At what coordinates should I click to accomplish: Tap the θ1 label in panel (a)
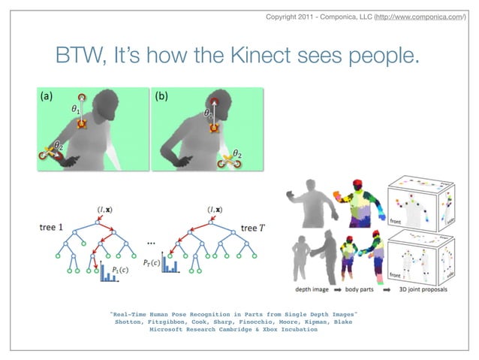pyautogui.click(x=76, y=110)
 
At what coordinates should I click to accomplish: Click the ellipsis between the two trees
pyautogui.click(x=151, y=243)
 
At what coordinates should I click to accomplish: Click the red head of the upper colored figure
pyautogui.click(x=358, y=185)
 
